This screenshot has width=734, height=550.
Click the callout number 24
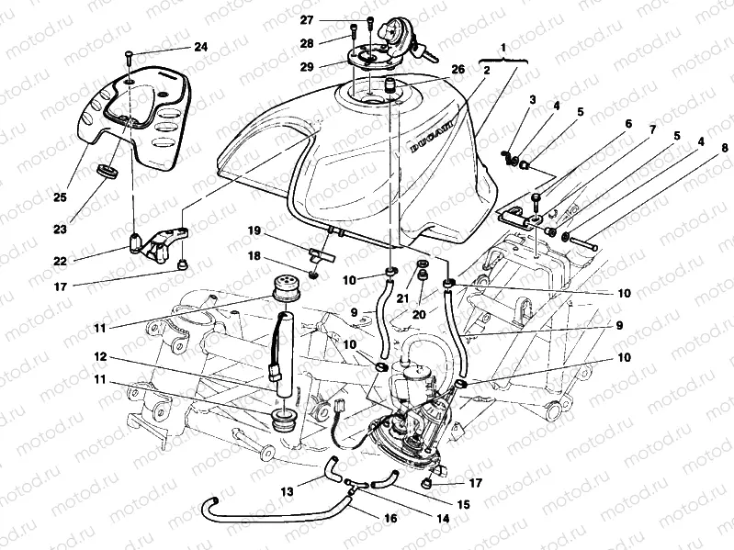coord(200,47)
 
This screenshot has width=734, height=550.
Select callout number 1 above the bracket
coord(503,46)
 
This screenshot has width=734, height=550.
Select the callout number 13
coord(288,492)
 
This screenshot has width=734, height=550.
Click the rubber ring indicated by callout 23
coord(108,172)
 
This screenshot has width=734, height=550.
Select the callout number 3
coord(532,98)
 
